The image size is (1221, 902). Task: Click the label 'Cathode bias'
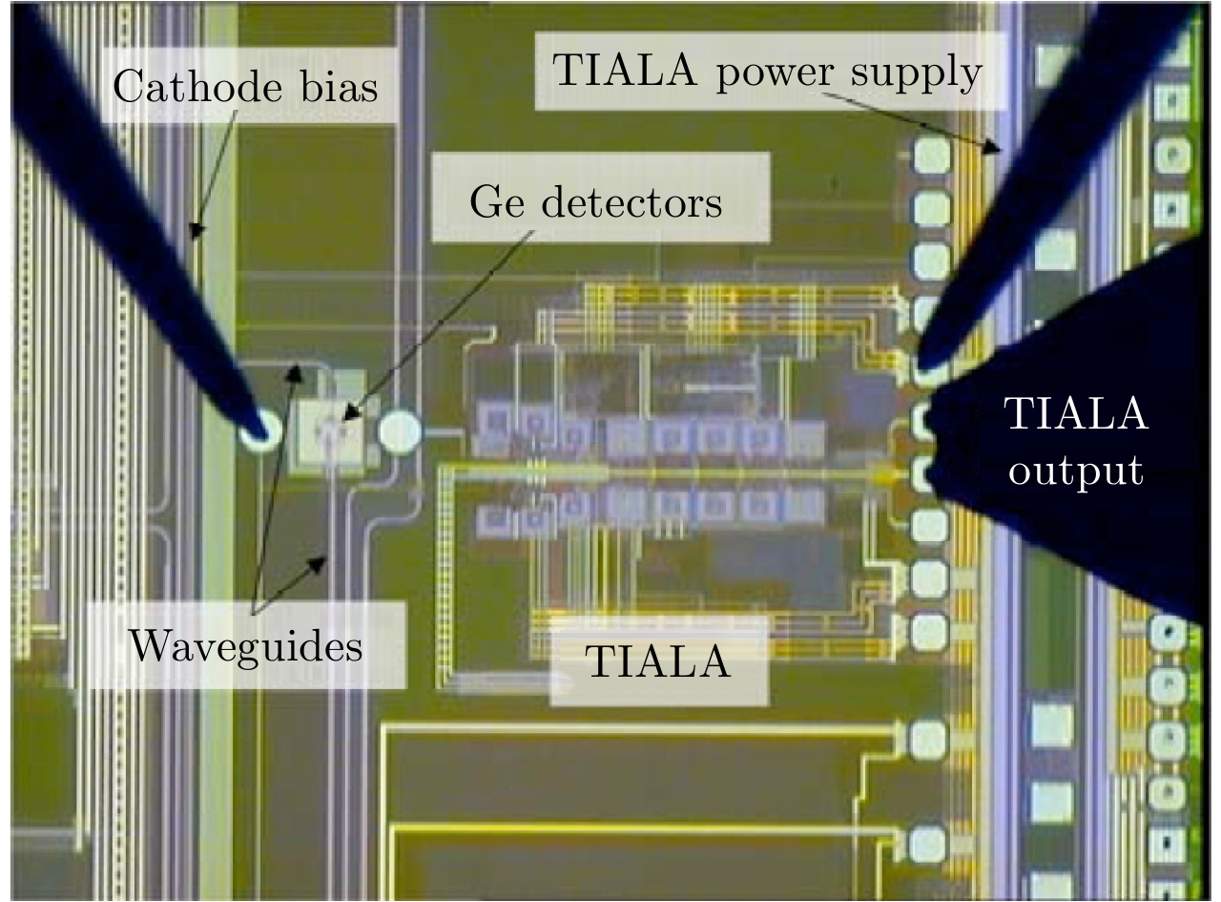coord(245,88)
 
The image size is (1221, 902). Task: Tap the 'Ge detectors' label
coord(596,201)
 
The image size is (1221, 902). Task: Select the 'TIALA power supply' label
coord(769,73)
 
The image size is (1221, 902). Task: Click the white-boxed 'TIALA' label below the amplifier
coord(659,661)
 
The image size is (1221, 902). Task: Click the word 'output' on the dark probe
coord(1077,471)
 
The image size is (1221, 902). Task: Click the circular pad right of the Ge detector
coord(399,433)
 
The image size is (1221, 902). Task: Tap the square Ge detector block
coord(330,435)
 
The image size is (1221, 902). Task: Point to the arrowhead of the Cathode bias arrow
coord(195,233)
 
